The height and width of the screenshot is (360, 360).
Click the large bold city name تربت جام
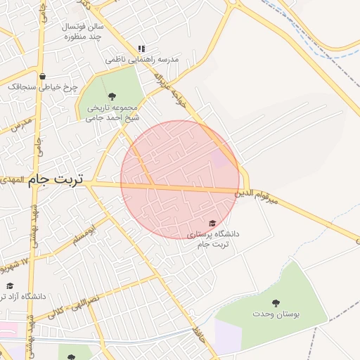[56, 180]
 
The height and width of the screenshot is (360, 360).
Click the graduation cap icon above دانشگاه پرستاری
[212, 223]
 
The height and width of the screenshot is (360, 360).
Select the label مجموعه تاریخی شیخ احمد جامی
[112, 113]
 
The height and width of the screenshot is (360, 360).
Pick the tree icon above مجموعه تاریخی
[112, 96]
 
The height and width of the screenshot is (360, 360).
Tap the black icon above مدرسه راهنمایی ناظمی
[141, 49]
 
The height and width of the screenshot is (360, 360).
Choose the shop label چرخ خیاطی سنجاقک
[42, 87]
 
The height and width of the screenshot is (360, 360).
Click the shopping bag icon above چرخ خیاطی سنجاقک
[43, 76]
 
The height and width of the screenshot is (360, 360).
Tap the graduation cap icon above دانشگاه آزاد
[10, 285]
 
